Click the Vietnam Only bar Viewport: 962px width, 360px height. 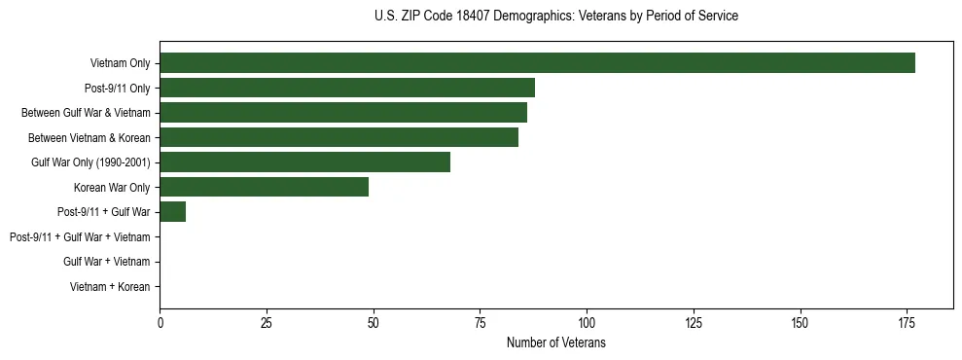pos(537,63)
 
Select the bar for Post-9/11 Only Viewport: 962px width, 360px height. pos(347,88)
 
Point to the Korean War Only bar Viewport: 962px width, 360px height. pos(264,187)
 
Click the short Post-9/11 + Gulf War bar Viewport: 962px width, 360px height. pos(173,212)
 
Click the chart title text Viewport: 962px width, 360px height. pos(555,17)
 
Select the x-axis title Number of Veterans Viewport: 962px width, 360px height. pos(556,342)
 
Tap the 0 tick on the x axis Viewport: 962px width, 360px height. pos(160,321)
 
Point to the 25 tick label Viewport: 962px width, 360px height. pos(267,321)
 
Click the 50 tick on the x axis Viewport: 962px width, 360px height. pos(374,321)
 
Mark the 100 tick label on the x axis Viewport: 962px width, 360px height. pos(587,321)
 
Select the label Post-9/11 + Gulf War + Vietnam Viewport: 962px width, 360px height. pos(80,237)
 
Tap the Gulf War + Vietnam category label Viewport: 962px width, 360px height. pos(106,262)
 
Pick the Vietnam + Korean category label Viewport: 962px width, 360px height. pos(110,287)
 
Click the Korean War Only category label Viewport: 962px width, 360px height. pos(112,188)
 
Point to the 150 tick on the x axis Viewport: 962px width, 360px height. pos(800,321)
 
